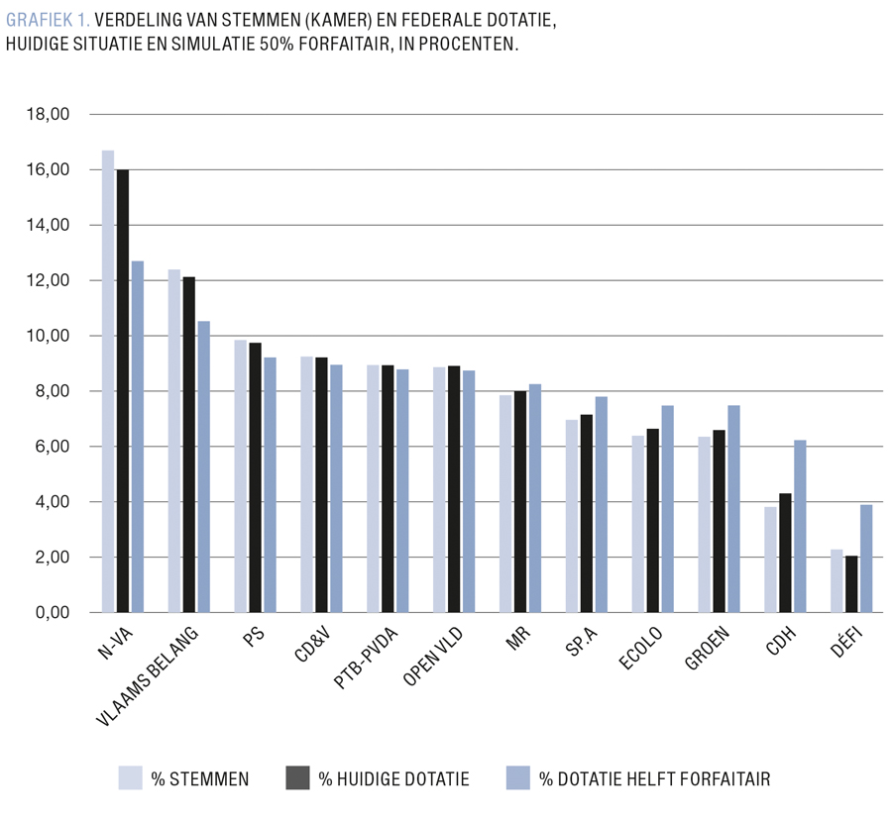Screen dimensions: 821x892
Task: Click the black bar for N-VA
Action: (x=123, y=391)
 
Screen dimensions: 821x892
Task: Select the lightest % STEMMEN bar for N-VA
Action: (x=108, y=381)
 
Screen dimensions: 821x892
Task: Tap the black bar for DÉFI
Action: (x=851, y=584)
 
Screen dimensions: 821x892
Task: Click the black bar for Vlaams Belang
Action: (x=188, y=445)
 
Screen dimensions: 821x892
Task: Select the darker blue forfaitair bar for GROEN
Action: (x=733, y=509)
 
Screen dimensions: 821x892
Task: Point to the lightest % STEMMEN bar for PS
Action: (x=240, y=476)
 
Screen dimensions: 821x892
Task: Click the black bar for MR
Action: (x=520, y=502)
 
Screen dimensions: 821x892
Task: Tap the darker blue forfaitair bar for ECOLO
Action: (x=667, y=509)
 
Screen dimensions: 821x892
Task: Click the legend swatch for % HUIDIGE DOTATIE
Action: (x=298, y=778)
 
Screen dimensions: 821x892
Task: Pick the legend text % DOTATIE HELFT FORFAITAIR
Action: (x=654, y=779)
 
